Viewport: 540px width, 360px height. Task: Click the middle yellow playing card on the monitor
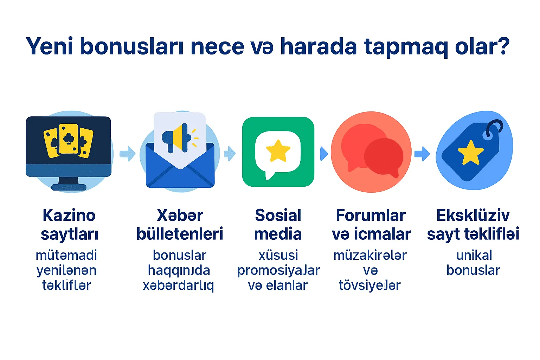coord(69,139)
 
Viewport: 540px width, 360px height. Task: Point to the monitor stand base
coord(69,187)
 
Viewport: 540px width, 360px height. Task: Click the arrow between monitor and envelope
coord(128,154)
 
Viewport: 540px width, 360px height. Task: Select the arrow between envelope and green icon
coord(230,154)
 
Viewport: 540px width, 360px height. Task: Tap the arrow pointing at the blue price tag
coord(422,153)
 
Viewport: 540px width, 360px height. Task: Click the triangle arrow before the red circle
coord(324,154)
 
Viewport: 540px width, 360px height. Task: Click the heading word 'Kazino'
coord(69,215)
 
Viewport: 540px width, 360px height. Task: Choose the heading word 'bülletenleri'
coord(180,234)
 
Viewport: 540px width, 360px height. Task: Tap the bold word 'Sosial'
coord(278,215)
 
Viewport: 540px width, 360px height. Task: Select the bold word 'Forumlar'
coord(371,215)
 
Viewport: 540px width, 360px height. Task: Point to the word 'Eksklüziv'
coord(473,215)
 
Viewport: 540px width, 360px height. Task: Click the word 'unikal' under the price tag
coord(474,255)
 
